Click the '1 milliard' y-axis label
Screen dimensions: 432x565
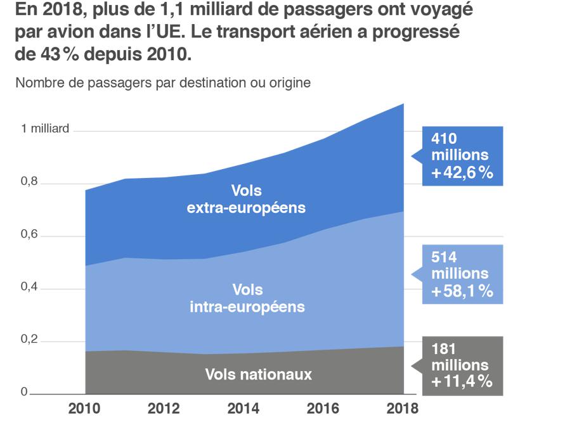[x=45, y=129]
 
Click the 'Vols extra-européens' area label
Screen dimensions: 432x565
[x=246, y=199]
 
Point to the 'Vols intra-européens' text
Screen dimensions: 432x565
[x=247, y=298]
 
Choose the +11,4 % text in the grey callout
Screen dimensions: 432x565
[x=462, y=382]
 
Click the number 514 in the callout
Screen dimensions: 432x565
[x=445, y=257]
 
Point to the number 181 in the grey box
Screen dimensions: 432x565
[x=445, y=349]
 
